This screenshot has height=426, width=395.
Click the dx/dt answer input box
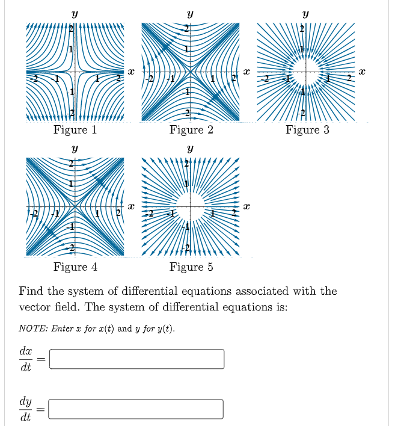coord(137,359)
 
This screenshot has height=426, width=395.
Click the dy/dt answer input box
coord(137,409)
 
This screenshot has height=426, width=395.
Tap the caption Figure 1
coord(75,130)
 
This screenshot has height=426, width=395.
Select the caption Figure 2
coord(191,130)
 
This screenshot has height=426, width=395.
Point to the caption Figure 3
coord(307,130)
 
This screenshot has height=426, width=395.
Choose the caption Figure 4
coord(75,267)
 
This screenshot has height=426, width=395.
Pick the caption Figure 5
coord(191,267)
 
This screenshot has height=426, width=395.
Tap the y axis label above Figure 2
coord(190,12)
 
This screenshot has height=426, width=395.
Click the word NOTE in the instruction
coord(31,329)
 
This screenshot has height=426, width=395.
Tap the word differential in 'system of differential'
coord(154,291)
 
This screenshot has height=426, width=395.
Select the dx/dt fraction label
coord(26,359)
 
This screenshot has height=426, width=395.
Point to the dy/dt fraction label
coord(26,409)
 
